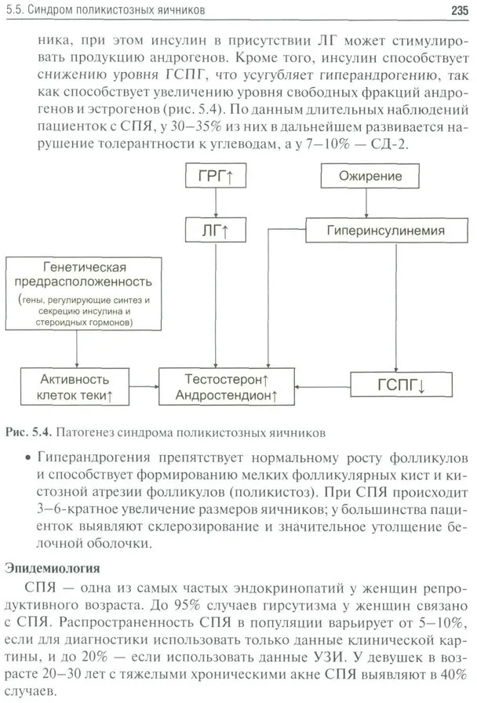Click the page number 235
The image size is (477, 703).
click(x=459, y=11)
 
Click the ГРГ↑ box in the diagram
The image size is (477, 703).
click(x=214, y=177)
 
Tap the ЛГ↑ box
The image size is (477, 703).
click(x=214, y=230)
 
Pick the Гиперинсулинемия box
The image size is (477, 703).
click(x=387, y=230)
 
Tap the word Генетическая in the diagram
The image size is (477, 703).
click(x=87, y=267)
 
